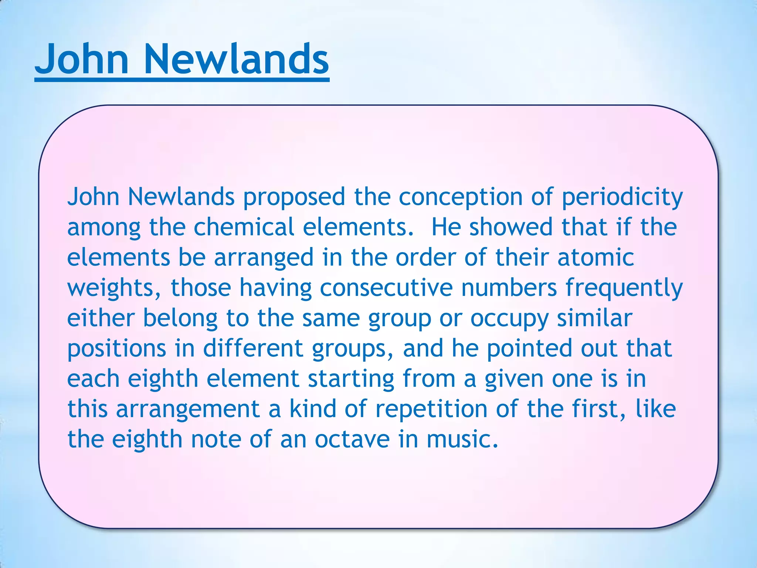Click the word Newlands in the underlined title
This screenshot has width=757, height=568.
tap(237, 59)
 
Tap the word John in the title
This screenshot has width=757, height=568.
tap(82, 59)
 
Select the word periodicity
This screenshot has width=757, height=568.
tap(622, 197)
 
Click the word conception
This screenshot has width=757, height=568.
tap(461, 197)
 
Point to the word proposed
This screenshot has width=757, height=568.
tap(294, 197)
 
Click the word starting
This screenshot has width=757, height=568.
tap(351, 379)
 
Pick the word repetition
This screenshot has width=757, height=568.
tap(431, 409)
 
